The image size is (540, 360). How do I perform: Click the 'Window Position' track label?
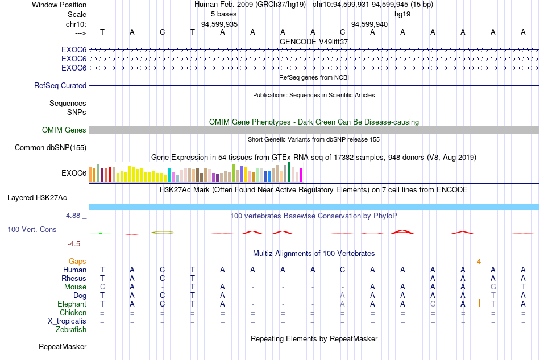pyautogui.click(x=59, y=5)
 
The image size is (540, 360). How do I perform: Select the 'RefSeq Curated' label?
pyautogui.click(x=60, y=85)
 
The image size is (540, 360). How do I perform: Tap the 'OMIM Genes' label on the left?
pyautogui.click(x=64, y=130)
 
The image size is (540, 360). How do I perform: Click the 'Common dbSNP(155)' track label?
pyautogui.click(x=51, y=147)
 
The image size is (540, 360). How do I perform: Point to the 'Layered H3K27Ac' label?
pyautogui.click(x=37, y=198)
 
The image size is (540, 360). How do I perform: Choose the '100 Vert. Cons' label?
pyautogui.click(x=32, y=229)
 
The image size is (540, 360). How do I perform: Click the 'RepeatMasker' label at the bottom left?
pyautogui.click(x=63, y=346)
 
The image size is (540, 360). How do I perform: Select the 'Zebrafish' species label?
pyautogui.click(x=71, y=330)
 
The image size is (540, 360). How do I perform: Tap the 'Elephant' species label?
pyautogui.click(x=72, y=304)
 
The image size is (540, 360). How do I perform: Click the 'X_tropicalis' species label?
pyautogui.click(x=67, y=321)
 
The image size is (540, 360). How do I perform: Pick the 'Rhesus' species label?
pyautogui.click(x=74, y=278)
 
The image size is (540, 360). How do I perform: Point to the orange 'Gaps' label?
pyautogui.click(x=77, y=262)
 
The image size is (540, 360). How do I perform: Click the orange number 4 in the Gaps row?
pyautogui.click(x=479, y=262)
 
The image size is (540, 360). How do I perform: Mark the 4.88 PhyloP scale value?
pyautogui.click(x=73, y=216)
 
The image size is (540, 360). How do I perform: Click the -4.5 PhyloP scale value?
pyautogui.click(x=74, y=244)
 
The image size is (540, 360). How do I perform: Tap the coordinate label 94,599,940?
pyautogui.click(x=369, y=24)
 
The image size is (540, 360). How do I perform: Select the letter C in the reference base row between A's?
pyautogui.click(x=342, y=32)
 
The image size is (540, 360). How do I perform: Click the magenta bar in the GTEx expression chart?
pyautogui.click(x=301, y=175)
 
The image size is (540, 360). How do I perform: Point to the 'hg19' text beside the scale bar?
pyautogui.click(x=402, y=14)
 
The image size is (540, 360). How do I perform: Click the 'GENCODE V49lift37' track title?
pyautogui.click(x=314, y=42)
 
